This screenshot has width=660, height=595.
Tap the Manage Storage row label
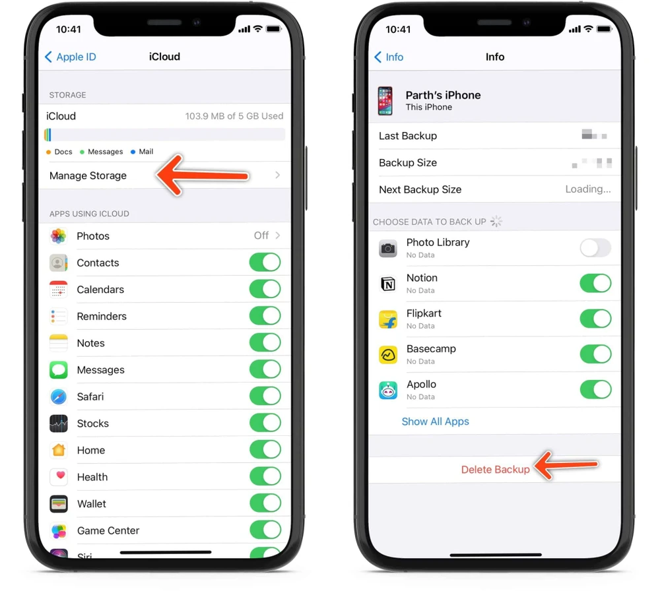pyautogui.click(x=88, y=175)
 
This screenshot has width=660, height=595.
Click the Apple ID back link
pyautogui.click(x=71, y=57)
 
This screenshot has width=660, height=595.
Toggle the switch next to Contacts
pyautogui.click(x=265, y=263)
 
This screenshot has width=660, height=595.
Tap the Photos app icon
pyautogui.click(x=59, y=235)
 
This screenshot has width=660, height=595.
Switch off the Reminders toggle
pyautogui.click(x=265, y=316)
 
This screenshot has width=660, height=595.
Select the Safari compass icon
pyautogui.click(x=59, y=396)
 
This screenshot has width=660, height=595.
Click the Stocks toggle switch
pyautogui.click(x=265, y=423)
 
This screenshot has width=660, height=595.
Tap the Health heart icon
pyautogui.click(x=59, y=477)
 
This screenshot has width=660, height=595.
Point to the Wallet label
pyautogui.click(x=92, y=504)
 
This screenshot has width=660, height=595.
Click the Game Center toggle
pyautogui.click(x=265, y=530)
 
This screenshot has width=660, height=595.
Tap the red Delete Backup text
pyautogui.click(x=495, y=470)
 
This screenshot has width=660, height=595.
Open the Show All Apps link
pyautogui.click(x=436, y=422)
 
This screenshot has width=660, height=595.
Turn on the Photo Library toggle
pyautogui.click(x=595, y=248)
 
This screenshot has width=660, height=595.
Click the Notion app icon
pyautogui.click(x=388, y=284)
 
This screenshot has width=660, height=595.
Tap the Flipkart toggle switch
pyautogui.click(x=595, y=319)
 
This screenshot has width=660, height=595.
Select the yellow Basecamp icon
pyautogui.click(x=388, y=355)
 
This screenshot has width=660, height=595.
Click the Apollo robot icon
pyautogui.click(x=388, y=390)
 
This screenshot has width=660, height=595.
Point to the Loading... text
pyautogui.click(x=588, y=189)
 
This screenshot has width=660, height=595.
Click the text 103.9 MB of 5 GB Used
pyautogui.click(x=234, y=116)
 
